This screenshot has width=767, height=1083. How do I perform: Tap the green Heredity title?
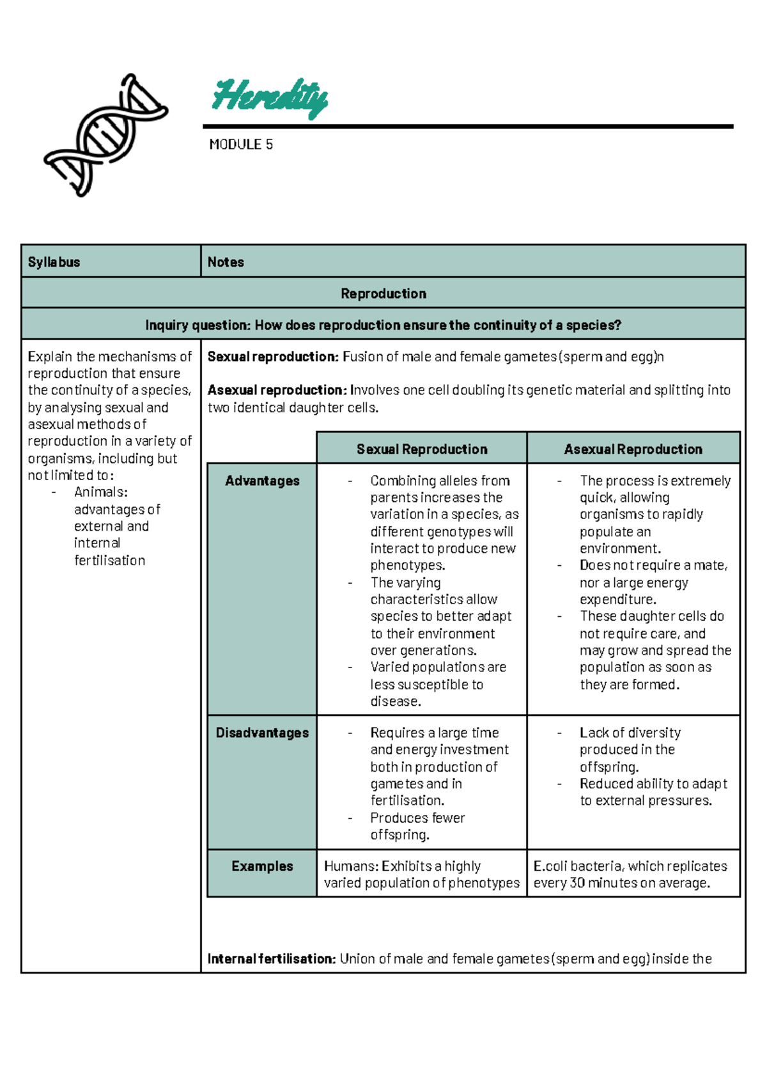tap(270, 97)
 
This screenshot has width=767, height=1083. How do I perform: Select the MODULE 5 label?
tap(241, 144)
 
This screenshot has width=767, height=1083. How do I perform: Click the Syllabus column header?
tap(54, 262)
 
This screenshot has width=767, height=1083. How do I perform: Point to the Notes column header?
tap(226, 262)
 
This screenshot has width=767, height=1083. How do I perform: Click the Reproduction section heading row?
tap(383, 293)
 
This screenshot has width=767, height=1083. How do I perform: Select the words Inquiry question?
tap(198, 325)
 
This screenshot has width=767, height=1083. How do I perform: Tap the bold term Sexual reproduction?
tap(273, 357)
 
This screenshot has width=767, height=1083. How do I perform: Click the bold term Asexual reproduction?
tap(277, 390)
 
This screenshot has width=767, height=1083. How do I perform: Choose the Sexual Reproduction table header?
tap(422, 449)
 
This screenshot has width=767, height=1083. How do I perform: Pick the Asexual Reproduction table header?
tap(633, 449)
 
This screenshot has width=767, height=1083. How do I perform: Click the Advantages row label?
tap(262, 481)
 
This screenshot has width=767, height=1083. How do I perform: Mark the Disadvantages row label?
tap(262, 733)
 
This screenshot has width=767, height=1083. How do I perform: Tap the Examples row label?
tap(262, 866)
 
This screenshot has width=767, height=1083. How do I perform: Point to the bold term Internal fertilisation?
tap(272, 959)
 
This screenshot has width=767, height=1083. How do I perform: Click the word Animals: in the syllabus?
tap(101, 492)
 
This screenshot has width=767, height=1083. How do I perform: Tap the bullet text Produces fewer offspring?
tap(417, 826)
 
